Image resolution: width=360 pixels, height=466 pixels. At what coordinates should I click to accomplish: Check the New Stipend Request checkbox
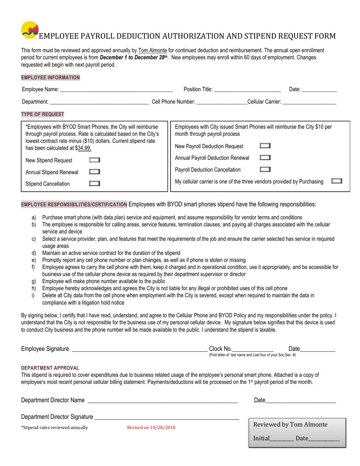tap(94, 160)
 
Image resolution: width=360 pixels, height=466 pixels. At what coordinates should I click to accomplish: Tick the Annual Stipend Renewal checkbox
tap(94, 172)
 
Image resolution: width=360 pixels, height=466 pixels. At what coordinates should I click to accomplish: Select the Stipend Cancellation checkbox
tap(94, 184)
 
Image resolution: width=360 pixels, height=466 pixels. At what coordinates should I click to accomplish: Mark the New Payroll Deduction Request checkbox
tap(265, 146)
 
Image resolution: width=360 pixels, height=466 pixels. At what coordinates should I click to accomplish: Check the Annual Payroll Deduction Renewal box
tap(265, 158)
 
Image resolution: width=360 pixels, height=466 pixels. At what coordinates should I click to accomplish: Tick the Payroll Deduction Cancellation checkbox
tap(265, 169)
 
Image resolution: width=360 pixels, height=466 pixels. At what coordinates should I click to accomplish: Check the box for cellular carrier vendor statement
tap(337, 181)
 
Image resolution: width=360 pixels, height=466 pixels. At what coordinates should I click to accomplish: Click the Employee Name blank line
tap(116, 90)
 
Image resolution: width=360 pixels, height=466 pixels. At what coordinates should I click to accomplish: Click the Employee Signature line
tap(139, 349)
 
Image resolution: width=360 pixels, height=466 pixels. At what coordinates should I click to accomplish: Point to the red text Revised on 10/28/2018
tap(151, 428)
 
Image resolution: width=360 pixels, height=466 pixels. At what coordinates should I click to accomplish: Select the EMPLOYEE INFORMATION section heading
tap(50, 78)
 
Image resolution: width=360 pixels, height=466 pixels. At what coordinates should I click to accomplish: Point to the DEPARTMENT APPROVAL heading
tap(50, 368)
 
